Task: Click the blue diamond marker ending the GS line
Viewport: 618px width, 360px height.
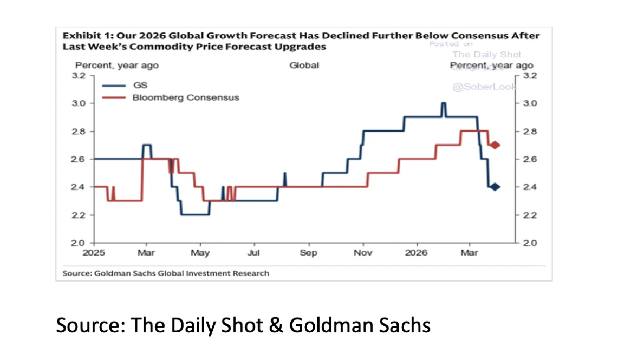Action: pos(495,187)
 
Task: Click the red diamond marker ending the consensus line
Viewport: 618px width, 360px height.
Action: pos(495,145)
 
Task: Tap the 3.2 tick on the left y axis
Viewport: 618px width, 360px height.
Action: pos(79,75)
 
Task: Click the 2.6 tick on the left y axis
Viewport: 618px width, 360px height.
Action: pos(79,159)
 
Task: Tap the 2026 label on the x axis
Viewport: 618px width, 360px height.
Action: pos(417,253)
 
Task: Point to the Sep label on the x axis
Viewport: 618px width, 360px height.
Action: pos(309,253)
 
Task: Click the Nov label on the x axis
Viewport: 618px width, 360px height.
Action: pos(363,253)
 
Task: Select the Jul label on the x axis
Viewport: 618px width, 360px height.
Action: pos(255,253)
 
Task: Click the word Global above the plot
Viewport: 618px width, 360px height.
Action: pos(304,66)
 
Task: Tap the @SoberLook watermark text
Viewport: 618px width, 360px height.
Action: pos(484,87)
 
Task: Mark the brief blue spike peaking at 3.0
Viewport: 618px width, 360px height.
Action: pos(444,103)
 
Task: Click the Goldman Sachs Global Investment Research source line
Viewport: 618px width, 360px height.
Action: pos(166,273)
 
